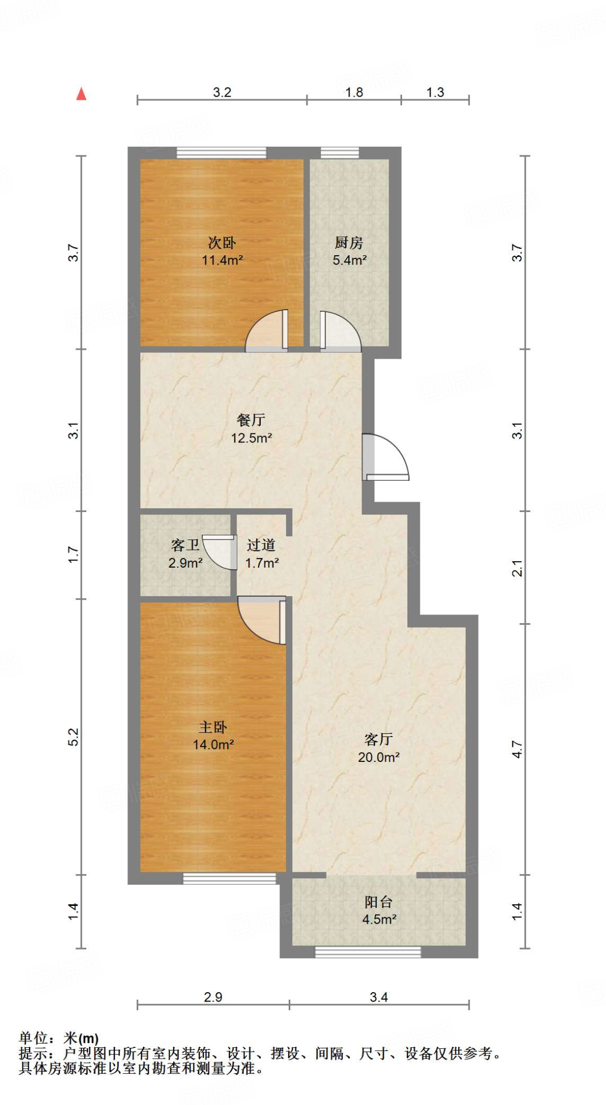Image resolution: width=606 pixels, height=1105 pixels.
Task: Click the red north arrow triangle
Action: (81, 94)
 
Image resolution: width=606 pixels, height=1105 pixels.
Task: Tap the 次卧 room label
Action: (222, 243)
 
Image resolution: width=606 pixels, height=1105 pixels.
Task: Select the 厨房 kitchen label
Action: (349, 243)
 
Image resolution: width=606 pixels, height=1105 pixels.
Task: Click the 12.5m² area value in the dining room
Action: (251, 438)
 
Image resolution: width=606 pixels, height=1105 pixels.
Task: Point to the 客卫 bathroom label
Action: (185, 545)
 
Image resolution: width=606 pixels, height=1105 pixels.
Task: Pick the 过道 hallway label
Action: (261, 545)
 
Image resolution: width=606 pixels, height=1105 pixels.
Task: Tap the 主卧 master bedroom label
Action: (213, 727)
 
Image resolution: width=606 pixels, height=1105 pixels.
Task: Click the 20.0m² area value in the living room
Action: (379, 757)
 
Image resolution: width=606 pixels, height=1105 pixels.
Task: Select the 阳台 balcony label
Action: (378, 902)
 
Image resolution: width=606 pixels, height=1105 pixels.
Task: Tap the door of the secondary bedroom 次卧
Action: (267, 331)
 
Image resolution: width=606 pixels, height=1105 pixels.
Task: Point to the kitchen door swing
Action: (341, 331)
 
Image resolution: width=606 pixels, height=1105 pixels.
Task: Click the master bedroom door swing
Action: (262, 620)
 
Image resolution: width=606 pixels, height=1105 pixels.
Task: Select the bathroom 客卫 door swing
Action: (220, 552)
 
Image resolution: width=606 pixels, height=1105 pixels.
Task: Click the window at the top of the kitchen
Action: (340, 153)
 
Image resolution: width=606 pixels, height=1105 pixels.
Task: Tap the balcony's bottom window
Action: (368, 952)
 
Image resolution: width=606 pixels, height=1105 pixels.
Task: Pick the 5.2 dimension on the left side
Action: (73, 737)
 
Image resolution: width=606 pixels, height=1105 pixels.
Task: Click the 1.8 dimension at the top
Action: (354, 92)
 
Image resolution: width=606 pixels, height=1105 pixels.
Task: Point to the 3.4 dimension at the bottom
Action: (379, 997)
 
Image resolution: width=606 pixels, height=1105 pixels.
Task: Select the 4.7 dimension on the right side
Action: (517, 749)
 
